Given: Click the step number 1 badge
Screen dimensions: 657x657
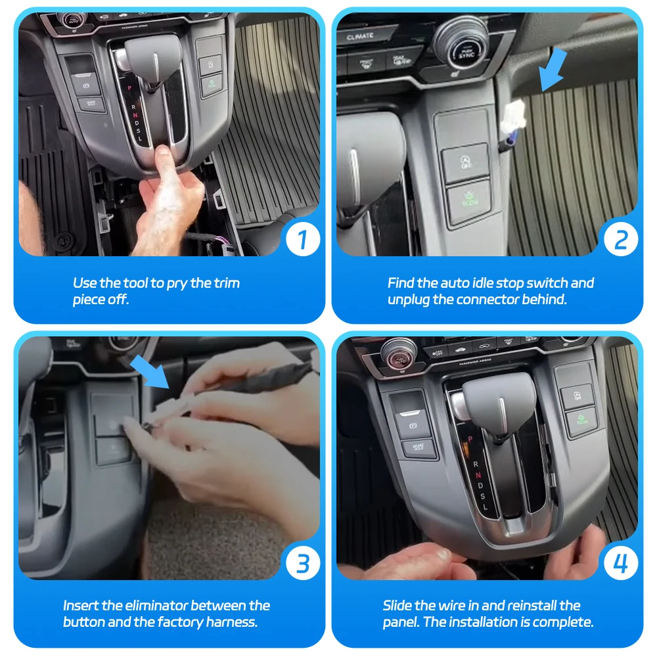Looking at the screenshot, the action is [302, 240].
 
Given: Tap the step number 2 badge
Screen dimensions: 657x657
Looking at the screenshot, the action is [621, 240].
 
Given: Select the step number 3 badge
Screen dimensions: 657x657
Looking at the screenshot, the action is [302, 563].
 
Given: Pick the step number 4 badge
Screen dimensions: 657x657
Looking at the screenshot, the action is [621, 563].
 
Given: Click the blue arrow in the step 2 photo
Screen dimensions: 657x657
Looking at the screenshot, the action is [553, 70].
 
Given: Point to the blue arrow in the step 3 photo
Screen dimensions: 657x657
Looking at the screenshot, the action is [150, 373].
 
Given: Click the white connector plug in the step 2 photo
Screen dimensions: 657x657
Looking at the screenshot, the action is [513, 118].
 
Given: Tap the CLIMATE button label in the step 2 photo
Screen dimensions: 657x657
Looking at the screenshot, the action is [360, 36].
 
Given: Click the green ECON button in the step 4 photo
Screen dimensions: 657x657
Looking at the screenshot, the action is [582, 420].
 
